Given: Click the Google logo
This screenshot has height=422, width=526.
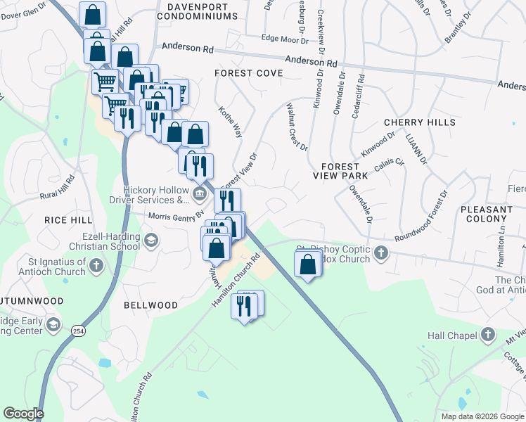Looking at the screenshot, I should click(23, 414).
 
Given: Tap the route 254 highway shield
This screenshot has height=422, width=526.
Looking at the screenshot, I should click(77, 328).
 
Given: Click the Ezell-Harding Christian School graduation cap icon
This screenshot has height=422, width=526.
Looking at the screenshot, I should click(150, 241).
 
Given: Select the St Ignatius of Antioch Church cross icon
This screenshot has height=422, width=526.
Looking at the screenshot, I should click(96, 267).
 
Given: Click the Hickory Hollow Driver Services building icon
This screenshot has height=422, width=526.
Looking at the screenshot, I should click(200, 193).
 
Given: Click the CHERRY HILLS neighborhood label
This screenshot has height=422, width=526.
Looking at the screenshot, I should click(420, 122).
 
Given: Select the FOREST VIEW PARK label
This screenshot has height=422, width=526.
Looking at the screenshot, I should click(345, 171).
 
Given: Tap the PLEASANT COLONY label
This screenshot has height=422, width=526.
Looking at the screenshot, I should click(487, 214).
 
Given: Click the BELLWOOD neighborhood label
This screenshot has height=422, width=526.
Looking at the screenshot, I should click(150, 305).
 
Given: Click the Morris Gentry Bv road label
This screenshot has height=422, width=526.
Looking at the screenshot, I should click(175, 215).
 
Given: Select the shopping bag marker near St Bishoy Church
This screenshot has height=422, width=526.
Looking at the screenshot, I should click(307, 265).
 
